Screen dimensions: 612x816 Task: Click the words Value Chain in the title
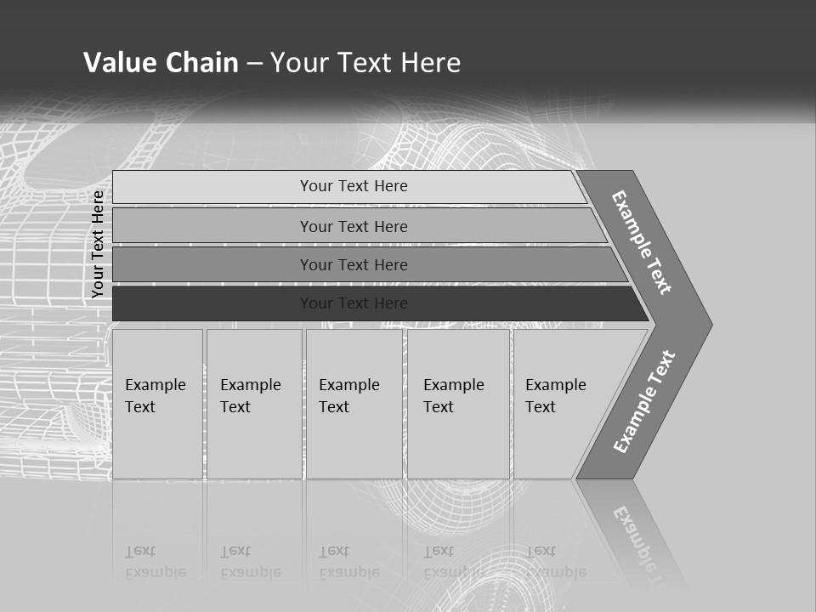(x=161, y=63)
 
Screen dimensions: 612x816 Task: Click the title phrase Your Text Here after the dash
(x=365, y=63)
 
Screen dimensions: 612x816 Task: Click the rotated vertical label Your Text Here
(x=98, y=244)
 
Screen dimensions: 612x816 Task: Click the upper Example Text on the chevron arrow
(x=642, y=242)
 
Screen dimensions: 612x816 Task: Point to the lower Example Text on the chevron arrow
(x=643, y=402)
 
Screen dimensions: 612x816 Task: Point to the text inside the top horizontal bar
(x=354, y=186)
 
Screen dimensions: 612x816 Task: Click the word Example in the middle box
(x=348, y=385)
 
